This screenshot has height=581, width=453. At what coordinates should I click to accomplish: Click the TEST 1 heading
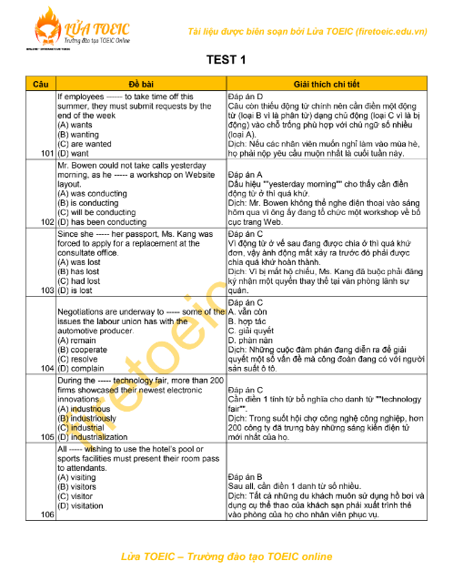point(226,60)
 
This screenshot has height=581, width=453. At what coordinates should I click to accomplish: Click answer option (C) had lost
point(79,280)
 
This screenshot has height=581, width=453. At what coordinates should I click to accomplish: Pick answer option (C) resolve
point(80,358)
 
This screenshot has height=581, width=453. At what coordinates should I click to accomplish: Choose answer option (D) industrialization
point(98,436)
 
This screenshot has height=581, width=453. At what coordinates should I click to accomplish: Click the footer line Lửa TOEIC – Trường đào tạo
point(226,556)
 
